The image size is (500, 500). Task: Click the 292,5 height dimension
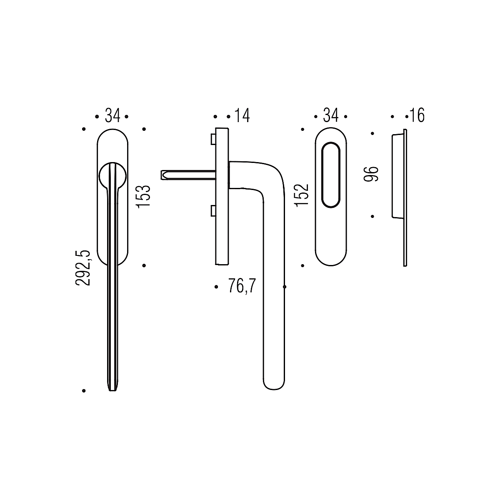click(83, 268)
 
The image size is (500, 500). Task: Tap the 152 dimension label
click(302, 195)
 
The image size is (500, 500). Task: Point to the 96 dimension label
click(371, 174)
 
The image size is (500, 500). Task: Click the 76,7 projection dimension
click(242, 286)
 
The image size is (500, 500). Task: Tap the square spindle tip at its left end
click(162, 175)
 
